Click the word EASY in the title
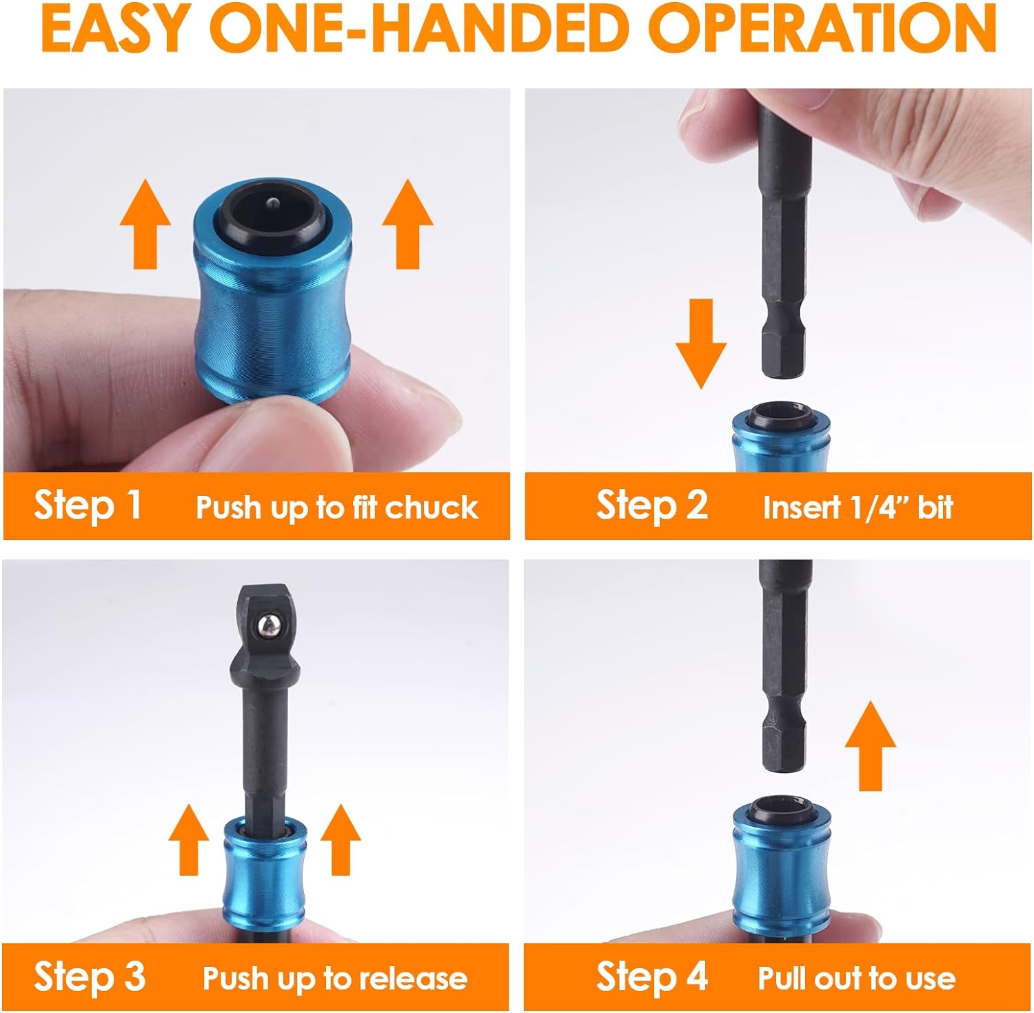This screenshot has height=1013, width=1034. [x=115, y=29]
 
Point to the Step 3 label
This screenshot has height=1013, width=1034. [x=90, y=976]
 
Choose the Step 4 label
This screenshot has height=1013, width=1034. [x=651, y=976]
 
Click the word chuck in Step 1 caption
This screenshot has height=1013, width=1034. [x=431, y=508]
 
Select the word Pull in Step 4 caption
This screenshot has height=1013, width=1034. [x=783, y=978]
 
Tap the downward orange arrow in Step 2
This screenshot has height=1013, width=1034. [x=700, y=343]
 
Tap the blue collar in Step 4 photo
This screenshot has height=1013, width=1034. [x=777, y=869]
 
